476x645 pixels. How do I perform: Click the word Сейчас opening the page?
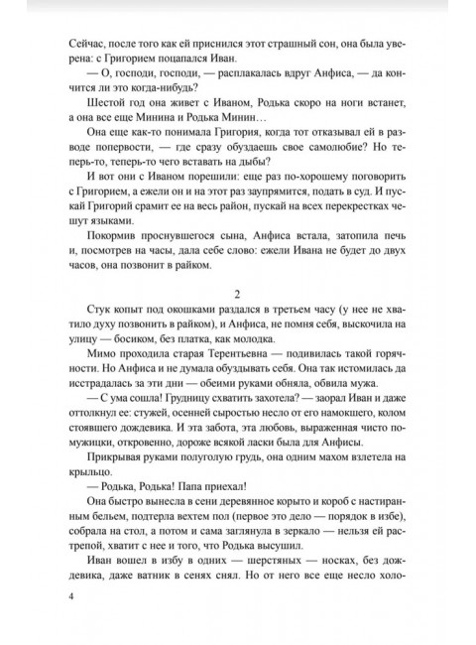pos(89,44)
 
